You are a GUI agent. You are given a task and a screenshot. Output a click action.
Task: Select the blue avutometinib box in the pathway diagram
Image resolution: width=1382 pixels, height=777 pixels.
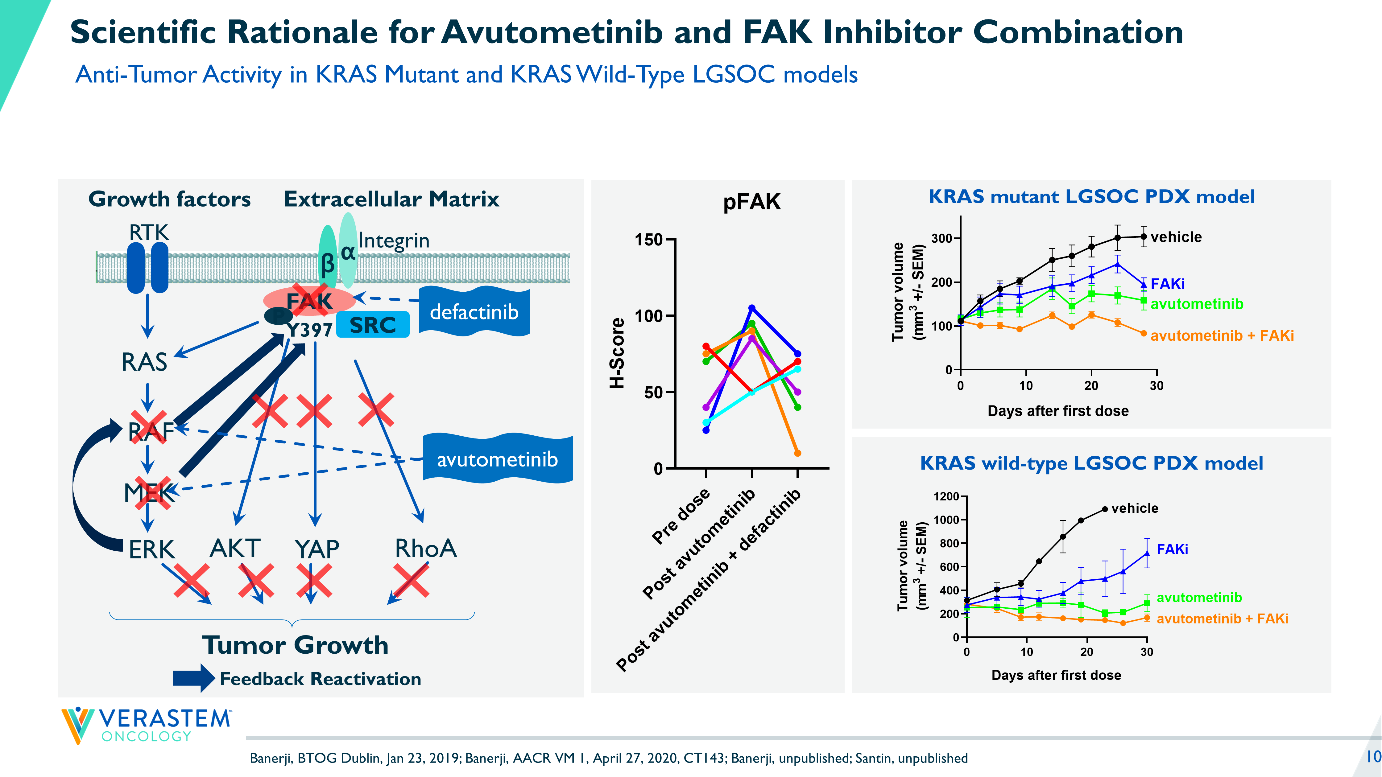tap(497, 459)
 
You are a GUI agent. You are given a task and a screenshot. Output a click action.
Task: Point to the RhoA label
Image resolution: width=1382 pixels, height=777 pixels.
tap(425, 548)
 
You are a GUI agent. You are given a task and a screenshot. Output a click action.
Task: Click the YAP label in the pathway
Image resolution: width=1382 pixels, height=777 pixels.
tap(317, 549)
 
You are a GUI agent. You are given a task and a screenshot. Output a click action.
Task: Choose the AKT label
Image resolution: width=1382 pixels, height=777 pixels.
tap(235, 548)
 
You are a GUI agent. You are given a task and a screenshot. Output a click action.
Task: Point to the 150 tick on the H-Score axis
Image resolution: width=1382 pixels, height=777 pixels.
tap(649, 240)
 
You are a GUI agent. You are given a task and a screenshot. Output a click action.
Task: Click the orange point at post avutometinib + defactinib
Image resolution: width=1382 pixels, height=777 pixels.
tap(797, 453)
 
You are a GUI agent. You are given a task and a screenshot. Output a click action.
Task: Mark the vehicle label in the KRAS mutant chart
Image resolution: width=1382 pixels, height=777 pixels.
tap(1176, 237)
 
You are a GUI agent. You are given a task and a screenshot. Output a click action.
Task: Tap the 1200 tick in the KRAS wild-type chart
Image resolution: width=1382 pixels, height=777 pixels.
tap(946, 496)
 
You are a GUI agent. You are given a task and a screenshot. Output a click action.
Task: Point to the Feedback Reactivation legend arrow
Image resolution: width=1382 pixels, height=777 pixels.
tap(193, 678)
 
